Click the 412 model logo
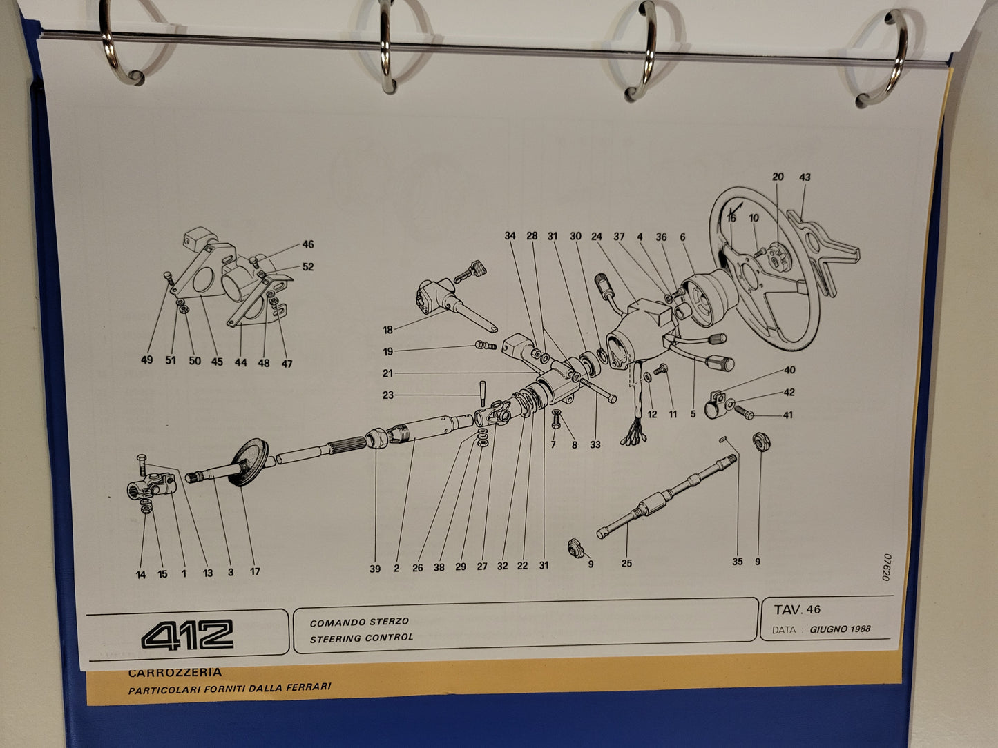187,634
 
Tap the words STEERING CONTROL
361,638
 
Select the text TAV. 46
798,609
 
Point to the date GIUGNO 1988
840,629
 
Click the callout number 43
805,177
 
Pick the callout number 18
387,330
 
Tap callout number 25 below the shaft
626,563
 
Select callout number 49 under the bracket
147,360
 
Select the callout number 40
789,370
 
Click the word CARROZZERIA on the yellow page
175,671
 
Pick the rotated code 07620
885,567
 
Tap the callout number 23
387,395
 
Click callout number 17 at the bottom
255,571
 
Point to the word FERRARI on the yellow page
308,686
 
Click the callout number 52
308,266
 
